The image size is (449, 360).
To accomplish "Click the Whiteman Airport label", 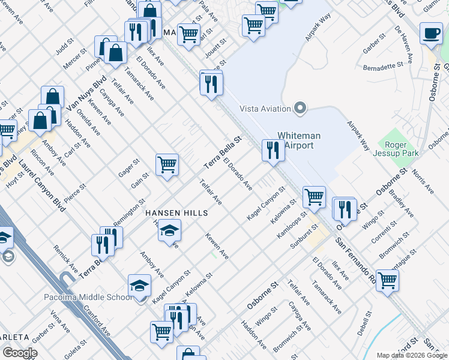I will coord(299,140).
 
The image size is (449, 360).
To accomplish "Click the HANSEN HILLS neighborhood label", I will coord(176,213).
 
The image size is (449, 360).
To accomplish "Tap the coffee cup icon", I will coord(430,35).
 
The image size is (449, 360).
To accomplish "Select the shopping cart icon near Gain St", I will coord(167,164).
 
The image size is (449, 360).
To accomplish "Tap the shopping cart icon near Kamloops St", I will coord(314,196).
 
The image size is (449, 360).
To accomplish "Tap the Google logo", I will coord(19,353).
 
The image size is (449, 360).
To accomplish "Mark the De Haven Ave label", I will coord(405,45).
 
